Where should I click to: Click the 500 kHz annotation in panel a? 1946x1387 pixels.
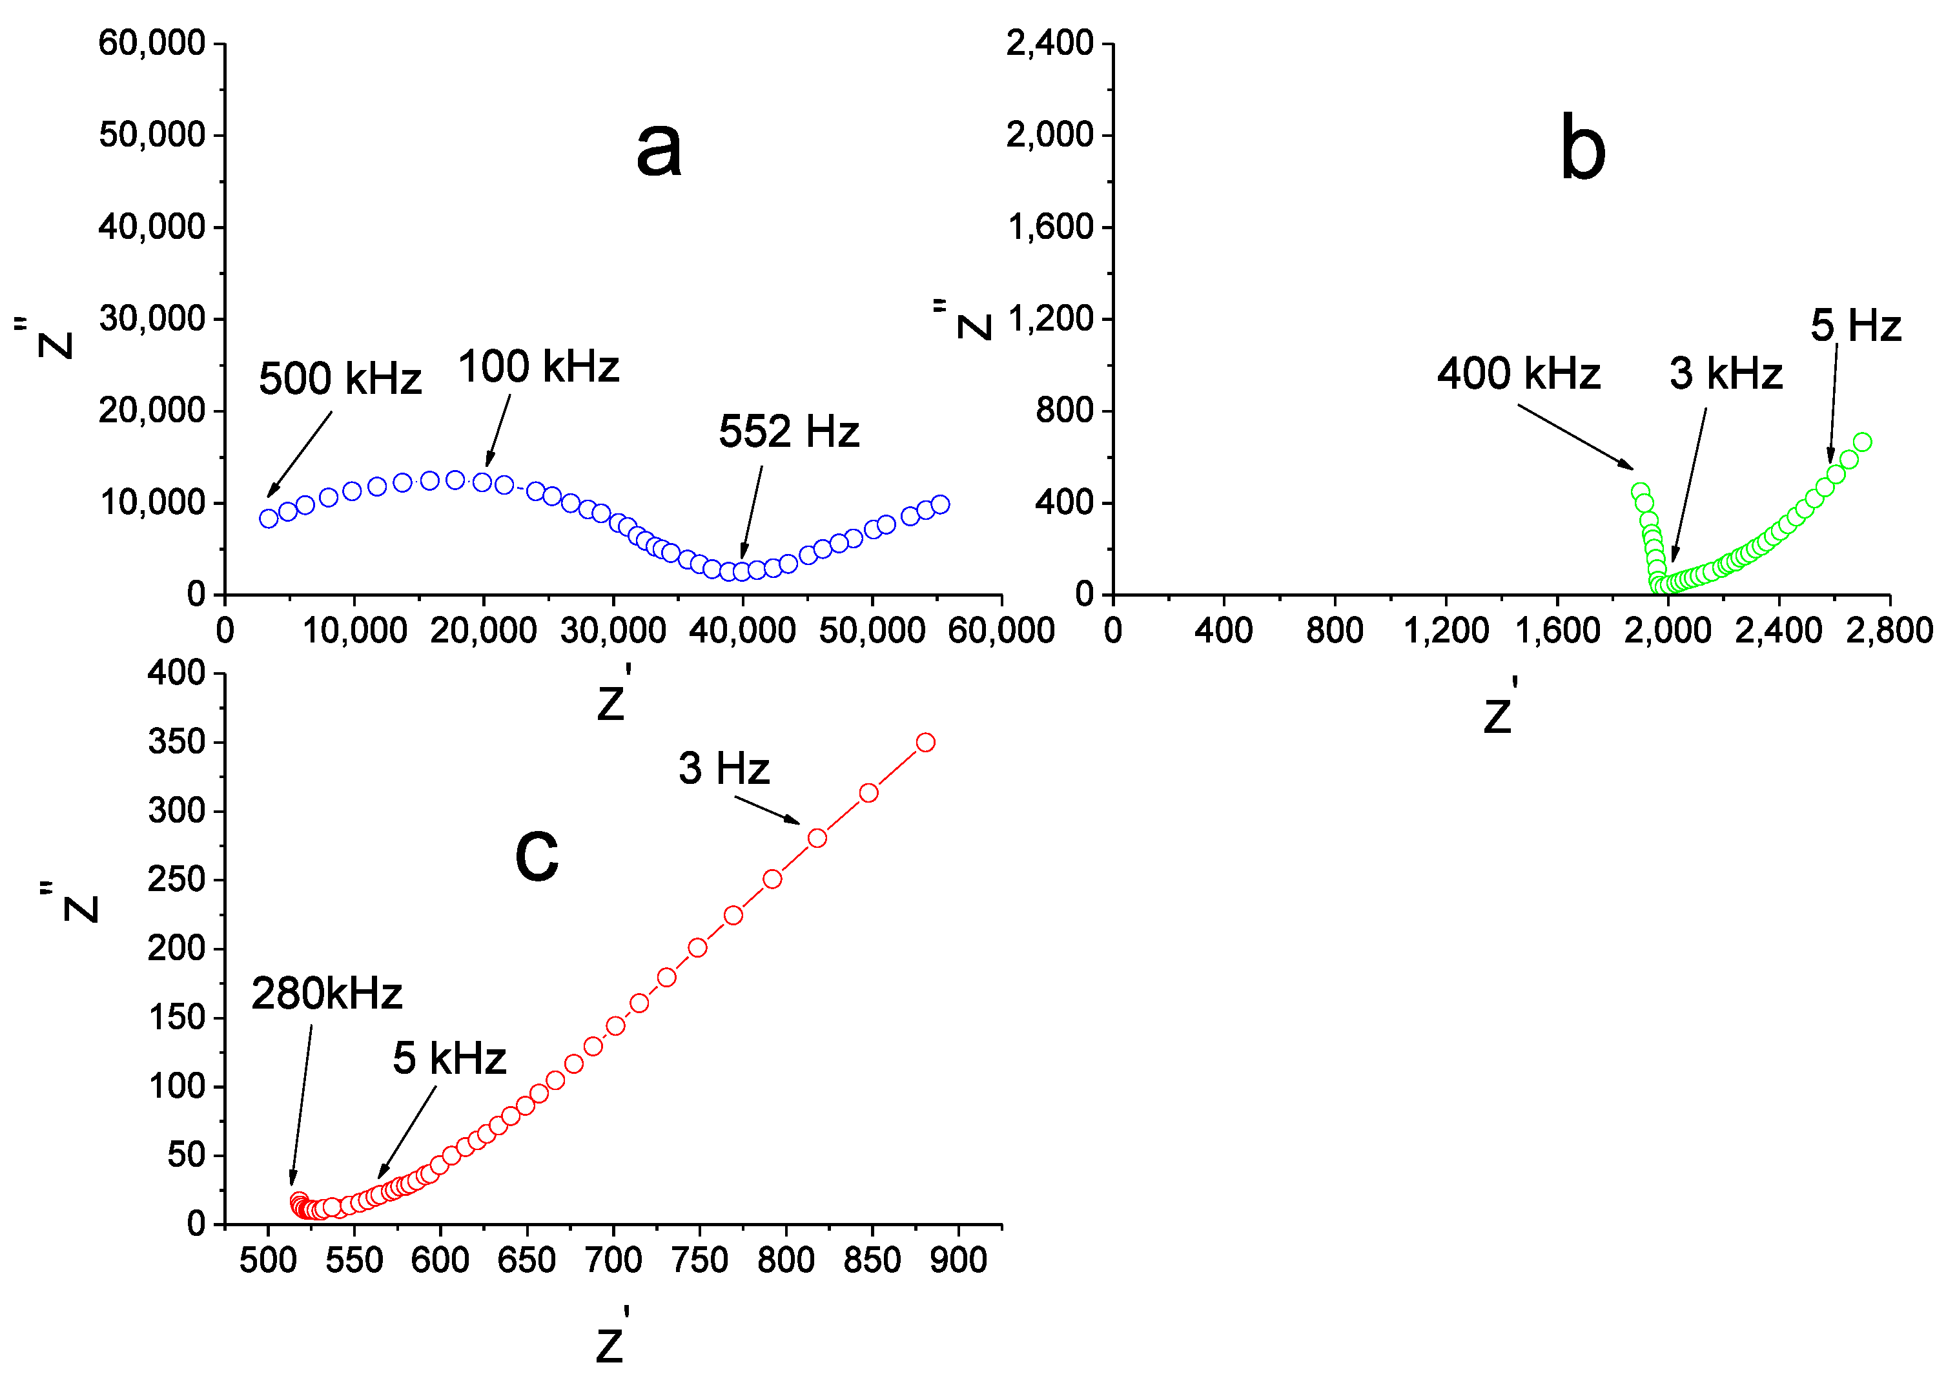[x=340, y=378]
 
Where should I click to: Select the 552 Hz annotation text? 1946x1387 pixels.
[x=788, y=431]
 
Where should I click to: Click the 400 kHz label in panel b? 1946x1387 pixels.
[x=1517, y=373]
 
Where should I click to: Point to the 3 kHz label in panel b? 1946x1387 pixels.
[x=1725, y=373]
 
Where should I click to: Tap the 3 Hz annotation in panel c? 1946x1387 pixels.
[x=723, y=768]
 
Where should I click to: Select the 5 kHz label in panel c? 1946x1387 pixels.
[x=449, y=1058]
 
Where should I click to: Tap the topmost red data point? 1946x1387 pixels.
[x=925, y=742]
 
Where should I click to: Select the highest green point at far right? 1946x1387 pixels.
[x=1862, y=442]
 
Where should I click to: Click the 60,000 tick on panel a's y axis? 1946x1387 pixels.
[x=152, y=43]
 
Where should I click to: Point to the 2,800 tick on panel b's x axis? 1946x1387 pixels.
[x=1889, y=631]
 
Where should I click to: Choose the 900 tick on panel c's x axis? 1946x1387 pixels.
[x=958, y=1260]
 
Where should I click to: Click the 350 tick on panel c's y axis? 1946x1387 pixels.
[x=177, y=741]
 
